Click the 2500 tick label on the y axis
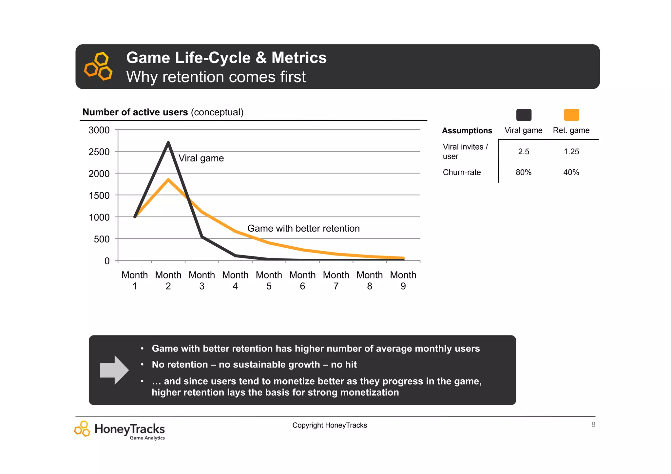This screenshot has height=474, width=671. coord(99,152)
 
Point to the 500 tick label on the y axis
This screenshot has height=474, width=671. coord(102,239)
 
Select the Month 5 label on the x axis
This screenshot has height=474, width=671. coord(269,280)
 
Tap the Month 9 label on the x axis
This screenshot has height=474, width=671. coord(403,280)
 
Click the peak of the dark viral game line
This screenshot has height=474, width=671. coord(168,142)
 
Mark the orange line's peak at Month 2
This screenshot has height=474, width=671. coord(168,180)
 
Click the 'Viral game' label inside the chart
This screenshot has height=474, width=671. coord(201,158)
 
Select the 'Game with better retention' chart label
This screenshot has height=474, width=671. coord(303,228)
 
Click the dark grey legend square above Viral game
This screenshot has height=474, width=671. coord(524,115)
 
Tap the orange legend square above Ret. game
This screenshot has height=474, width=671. coord(571,115)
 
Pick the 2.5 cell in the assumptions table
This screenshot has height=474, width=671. coord(524,152)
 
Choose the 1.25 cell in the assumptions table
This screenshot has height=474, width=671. coord(571,152)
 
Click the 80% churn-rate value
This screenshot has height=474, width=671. coord(524,172)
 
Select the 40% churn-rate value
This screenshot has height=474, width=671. coord(571,172)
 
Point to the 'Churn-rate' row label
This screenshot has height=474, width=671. coord(462,172)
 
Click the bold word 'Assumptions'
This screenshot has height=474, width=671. coord(467,131)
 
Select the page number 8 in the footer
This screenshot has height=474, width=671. coord(593,425)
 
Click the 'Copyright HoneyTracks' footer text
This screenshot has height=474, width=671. coord(330,425)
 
